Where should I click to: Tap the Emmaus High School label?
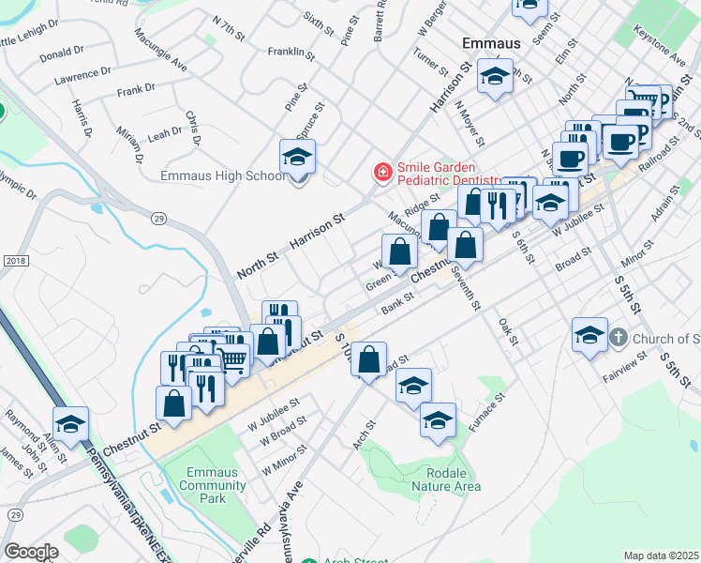tap(223, 175)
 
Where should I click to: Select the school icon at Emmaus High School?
tap(297, 159)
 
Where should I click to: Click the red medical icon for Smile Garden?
tap(382, 173)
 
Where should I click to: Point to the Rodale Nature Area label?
tap(440, 479)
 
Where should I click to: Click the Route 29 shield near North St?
tap(157, 217)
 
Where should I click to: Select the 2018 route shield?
tap(16, 260)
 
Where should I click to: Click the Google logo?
tap(31, 552)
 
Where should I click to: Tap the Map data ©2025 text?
tap(661, 555)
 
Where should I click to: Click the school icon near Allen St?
tap(71, 425)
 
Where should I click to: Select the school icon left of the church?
tap(589, 337)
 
